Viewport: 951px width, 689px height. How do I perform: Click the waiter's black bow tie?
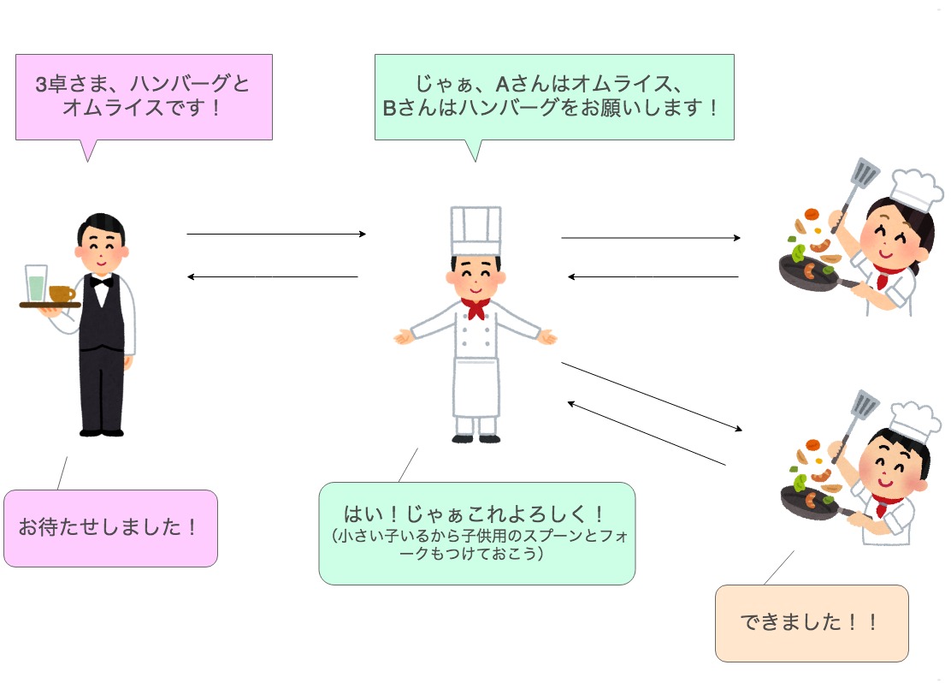pos(102,281)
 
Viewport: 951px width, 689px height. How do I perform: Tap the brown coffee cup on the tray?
pos(61,294)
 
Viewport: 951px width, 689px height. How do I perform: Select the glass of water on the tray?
pos(36,283)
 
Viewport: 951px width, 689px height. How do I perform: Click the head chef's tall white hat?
pos(475,230)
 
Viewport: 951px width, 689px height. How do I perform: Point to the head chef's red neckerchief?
pos(475,306)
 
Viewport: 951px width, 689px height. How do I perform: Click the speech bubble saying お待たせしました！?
pos(110,527)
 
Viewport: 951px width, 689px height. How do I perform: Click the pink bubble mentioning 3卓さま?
pos(144,97)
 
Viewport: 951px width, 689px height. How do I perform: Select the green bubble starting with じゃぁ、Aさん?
pos(553,97)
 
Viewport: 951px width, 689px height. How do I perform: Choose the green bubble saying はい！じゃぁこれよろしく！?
pos(476,532)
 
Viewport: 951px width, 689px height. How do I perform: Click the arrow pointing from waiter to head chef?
pos(275,234)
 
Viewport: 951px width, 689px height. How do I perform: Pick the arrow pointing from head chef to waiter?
pos(272,276)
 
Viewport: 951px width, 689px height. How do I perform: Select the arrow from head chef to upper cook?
pos(650,238)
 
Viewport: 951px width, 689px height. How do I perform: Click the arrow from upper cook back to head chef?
pos(653,276)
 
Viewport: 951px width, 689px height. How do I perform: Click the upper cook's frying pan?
pos(807,274)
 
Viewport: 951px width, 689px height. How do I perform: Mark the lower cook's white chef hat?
pos(913,422)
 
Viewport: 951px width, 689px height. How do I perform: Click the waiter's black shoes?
pos(101,430)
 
